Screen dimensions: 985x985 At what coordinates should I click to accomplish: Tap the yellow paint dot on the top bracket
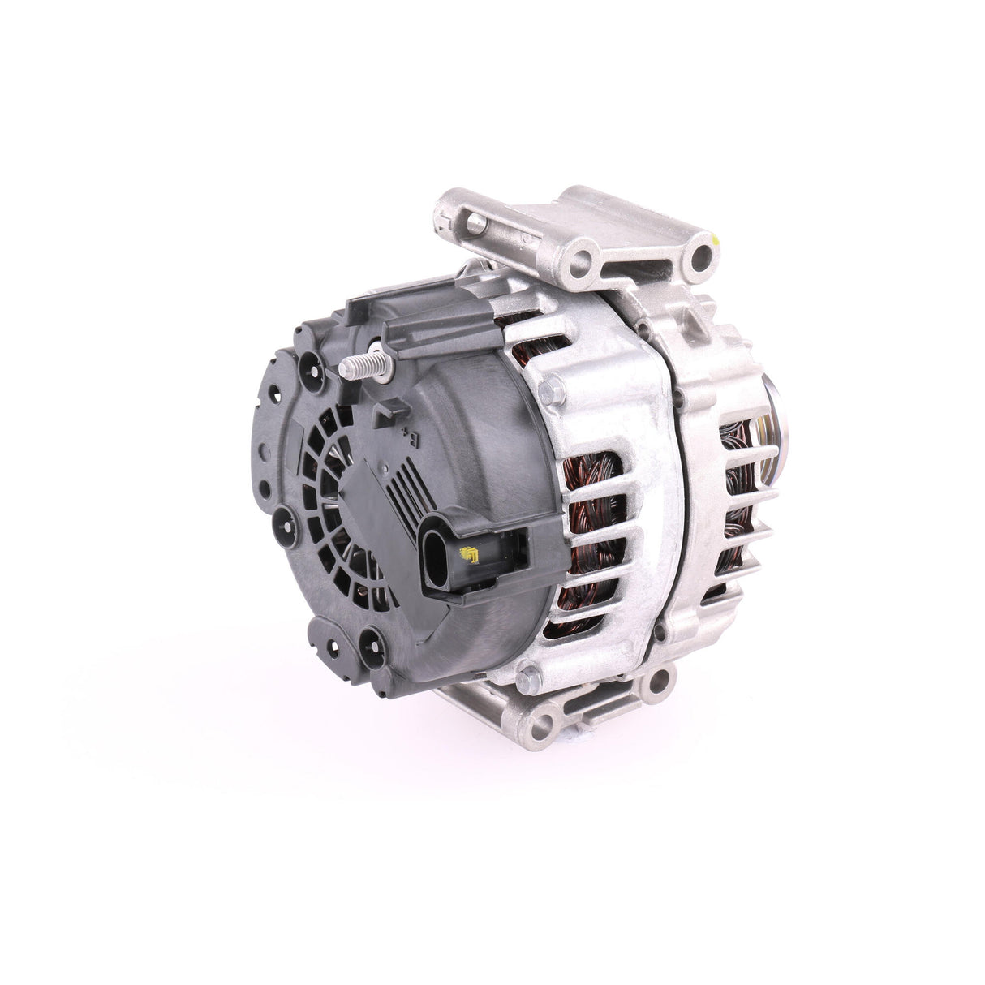click(x=717, y=241)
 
